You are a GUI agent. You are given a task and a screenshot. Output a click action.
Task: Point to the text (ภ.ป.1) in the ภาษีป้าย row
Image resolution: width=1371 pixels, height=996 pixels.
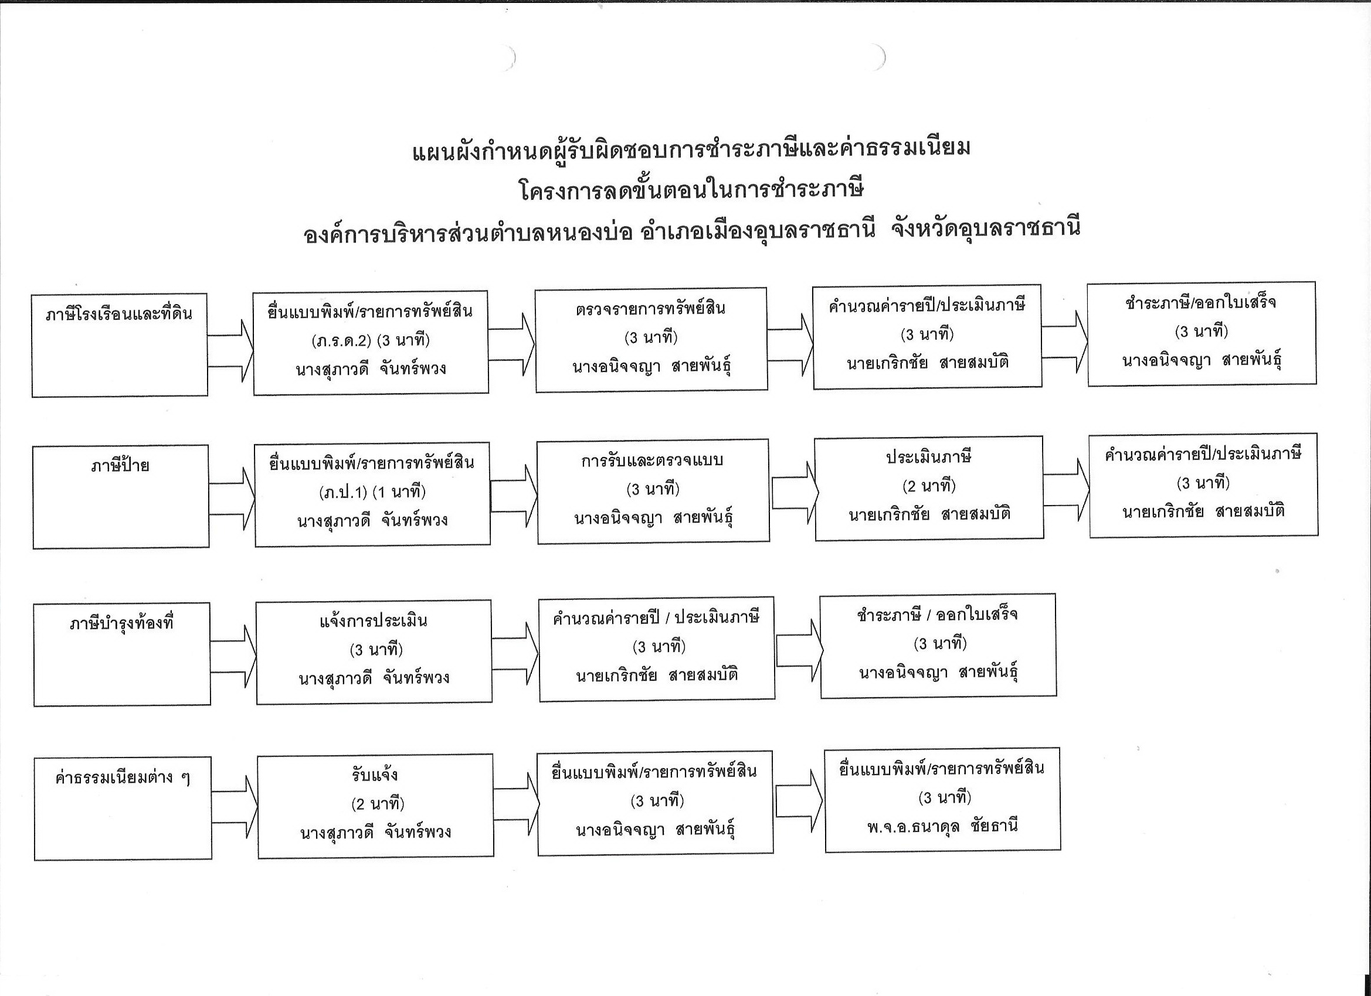[x=342, y=492]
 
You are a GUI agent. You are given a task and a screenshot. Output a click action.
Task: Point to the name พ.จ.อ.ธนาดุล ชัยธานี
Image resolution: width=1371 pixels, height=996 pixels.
[x=942, y=826]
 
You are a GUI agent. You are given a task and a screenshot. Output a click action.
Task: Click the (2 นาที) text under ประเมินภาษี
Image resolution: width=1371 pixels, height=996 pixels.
[x=928, y=485]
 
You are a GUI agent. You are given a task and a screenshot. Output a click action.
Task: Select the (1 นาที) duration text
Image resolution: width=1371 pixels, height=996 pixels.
[x=399, y=492]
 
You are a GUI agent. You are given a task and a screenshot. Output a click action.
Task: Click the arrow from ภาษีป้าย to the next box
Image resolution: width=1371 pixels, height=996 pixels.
[x=233, y=499]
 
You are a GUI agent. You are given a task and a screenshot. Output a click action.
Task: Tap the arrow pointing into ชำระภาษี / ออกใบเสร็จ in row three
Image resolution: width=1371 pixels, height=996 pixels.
[x=799, y=650]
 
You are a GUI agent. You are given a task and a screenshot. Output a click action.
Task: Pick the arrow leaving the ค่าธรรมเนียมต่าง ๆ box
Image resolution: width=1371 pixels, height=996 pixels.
[x=235, y=807]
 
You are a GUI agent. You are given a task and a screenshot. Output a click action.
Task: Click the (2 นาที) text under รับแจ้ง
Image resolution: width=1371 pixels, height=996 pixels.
[x=377, y=804]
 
